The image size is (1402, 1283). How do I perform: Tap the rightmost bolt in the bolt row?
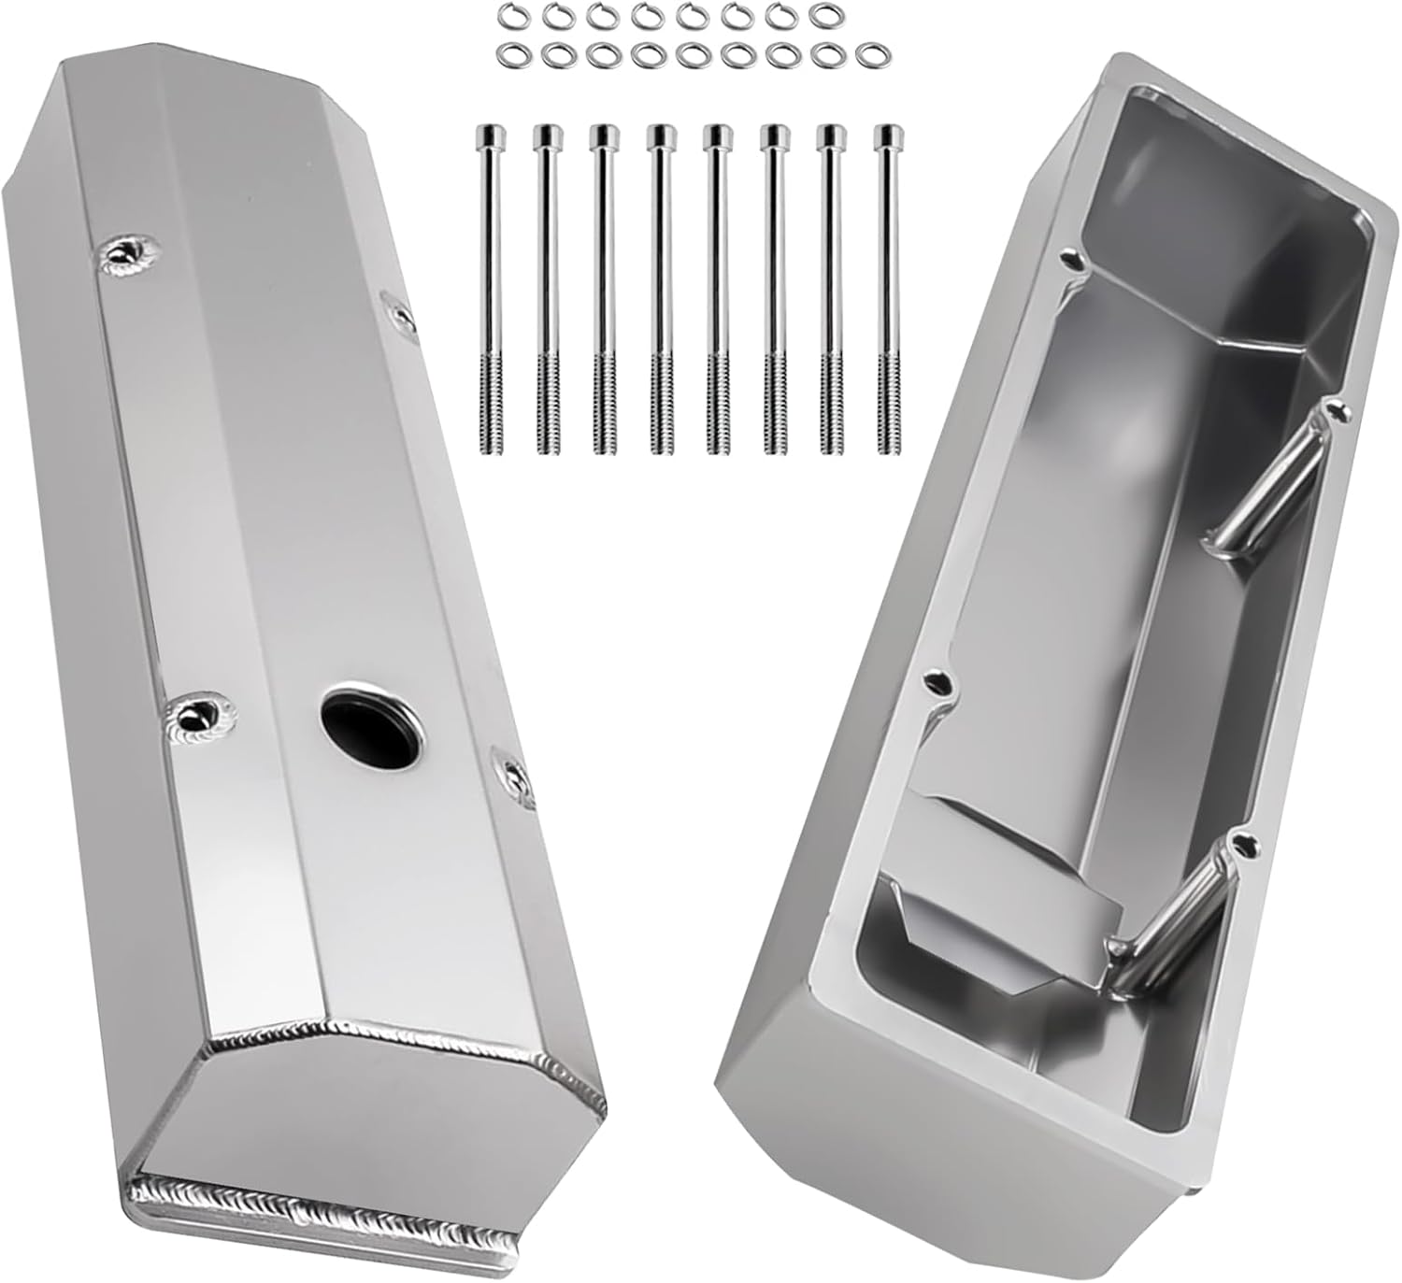(884, 290)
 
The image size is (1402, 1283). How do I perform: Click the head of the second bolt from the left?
(546, 137)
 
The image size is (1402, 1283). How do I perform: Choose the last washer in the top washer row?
(822, 15)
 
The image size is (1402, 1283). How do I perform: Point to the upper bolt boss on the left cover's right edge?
(401, 318)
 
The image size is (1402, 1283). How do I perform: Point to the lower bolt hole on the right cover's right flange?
(1240, 841)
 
